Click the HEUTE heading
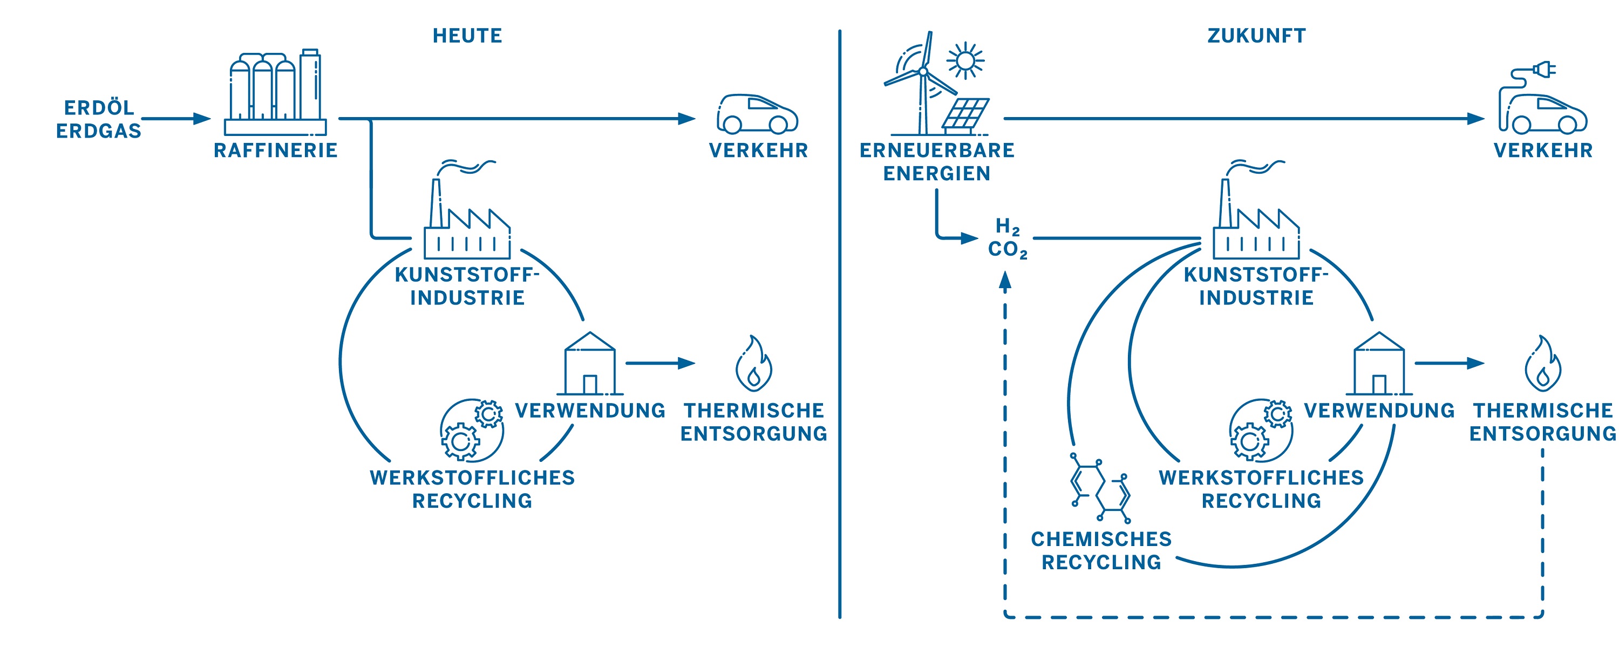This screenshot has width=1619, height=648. (467, 36)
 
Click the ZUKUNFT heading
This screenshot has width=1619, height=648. (1256, 36)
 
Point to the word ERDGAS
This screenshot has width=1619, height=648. (99, 131)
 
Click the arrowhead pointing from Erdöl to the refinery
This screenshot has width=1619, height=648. (202, 118)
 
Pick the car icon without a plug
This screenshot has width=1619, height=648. (757, 114)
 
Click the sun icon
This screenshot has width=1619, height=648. (965, 61)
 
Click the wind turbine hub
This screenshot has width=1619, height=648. (923, 72)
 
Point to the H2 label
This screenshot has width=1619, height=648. (1007, 226)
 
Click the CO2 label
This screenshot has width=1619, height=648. (1007, 249)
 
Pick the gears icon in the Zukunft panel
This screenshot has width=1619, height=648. (1261, 430)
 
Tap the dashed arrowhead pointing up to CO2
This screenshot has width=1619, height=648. (1005, 281)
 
